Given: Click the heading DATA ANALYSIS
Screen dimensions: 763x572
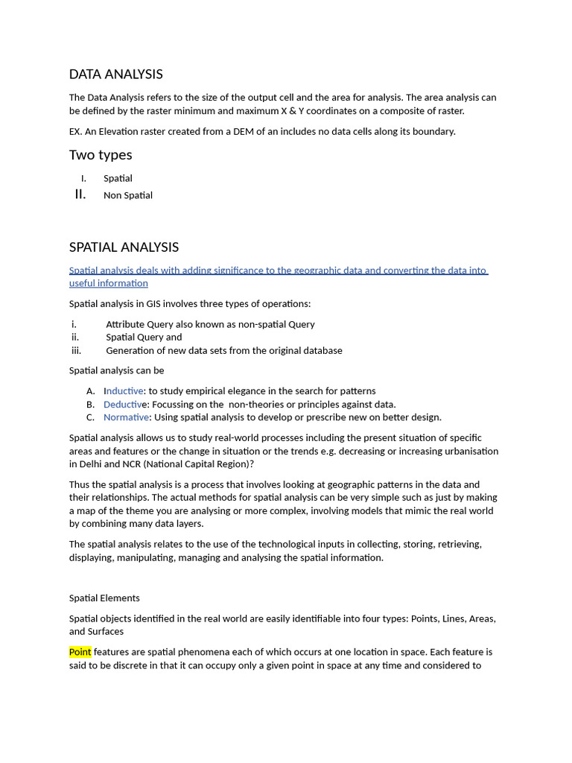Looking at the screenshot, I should [x=115, y=74].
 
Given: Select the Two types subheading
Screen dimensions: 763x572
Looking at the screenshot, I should [x=101, y=155].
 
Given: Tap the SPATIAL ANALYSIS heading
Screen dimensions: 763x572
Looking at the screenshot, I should [x=124, y=247].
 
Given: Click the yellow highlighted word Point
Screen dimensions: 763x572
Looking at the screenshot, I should [x=80, y=652].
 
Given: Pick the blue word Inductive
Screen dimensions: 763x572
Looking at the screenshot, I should [x=124, y=391].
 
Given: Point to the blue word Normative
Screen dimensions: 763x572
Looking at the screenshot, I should [x=127, y=417].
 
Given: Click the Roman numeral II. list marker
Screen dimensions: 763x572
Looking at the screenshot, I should [x=80, y=194].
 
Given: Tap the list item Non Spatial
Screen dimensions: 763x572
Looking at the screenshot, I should [x=128, y=195].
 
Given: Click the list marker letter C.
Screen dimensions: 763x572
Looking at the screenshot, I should [x=90, y=417].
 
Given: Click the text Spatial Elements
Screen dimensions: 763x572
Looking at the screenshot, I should [x=104, y=598].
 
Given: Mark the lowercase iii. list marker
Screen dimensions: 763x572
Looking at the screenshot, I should [x=76, y=350].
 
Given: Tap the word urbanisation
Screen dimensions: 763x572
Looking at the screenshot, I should [x=468, y=452].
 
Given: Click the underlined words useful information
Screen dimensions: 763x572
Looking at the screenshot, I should [x=108, y=283].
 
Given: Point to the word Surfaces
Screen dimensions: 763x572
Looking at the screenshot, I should [x=107, y=632].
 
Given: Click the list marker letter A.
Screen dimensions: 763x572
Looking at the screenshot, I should [x=90, y=391].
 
